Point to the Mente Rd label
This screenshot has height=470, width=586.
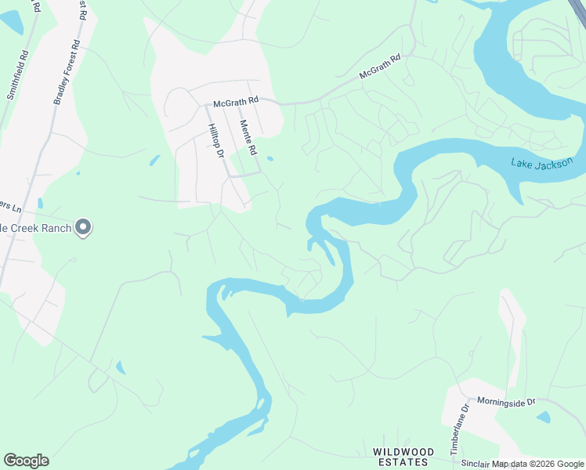point(249,136)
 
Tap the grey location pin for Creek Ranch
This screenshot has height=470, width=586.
point(84,228)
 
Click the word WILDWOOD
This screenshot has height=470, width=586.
point(403,452)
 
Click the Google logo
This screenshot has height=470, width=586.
point(26,461)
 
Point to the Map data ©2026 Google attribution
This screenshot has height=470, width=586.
point(538,465)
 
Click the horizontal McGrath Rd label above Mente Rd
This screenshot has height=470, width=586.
point(237,102)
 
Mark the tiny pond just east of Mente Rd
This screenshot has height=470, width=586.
point(269,158)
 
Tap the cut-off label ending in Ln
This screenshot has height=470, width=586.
point(9,208)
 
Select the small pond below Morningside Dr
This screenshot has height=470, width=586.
point(543,417)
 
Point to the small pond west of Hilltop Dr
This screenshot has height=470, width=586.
point(154,161)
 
